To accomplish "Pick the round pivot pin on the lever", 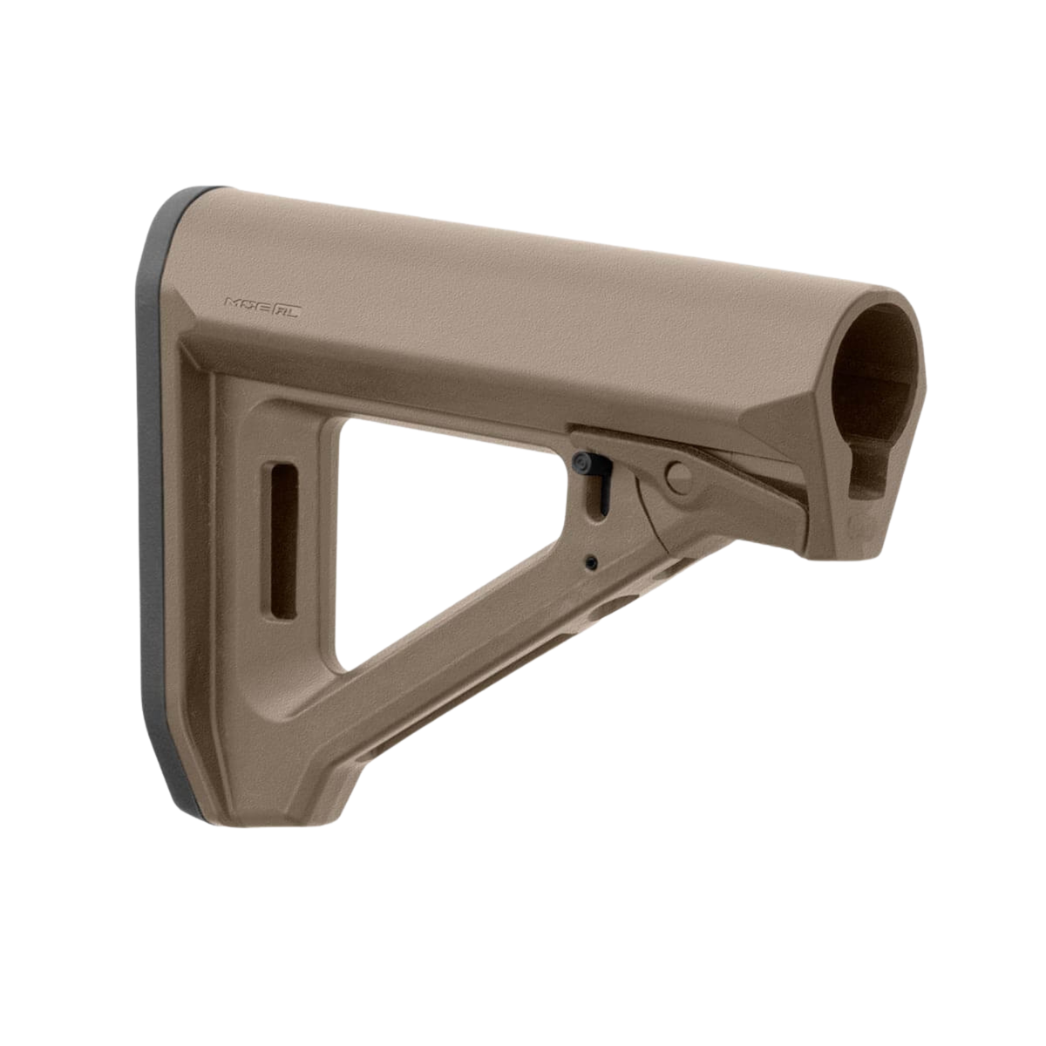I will pos(678,475).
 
